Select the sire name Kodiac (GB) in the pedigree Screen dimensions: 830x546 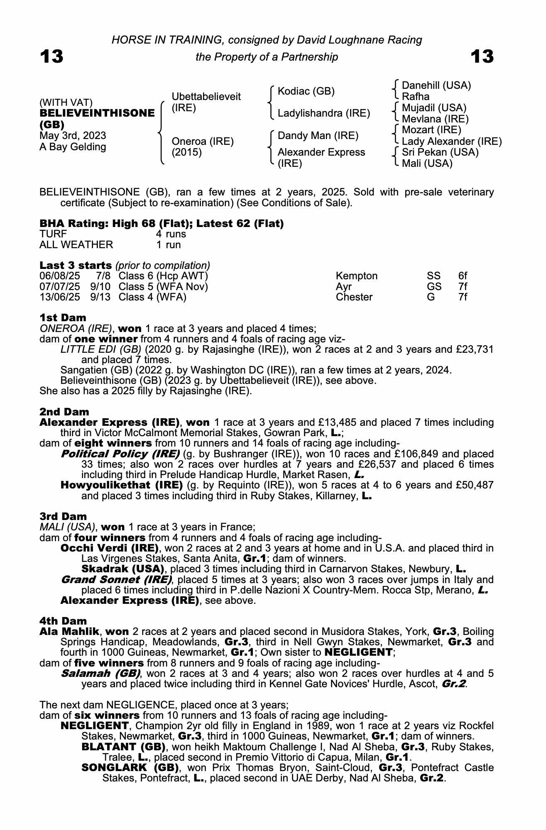pyautogui.click(x=306, y=91)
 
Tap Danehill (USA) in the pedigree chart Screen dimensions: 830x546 pyautogui.click(x=436, y=85)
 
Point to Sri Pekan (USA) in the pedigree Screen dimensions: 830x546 pyautogui.click(x=440, y=152)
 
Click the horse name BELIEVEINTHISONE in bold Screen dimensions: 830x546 pyautogui.click(x=97, y=113)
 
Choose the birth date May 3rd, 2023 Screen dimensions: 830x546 pyautogui.click(x=73, y=136)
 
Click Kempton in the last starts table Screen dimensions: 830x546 pyautogui.click(x=357, y=276)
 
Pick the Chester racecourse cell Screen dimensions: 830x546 pyautogui.click(x=354, y=297)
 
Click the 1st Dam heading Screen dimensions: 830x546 pyautogui.click(x=63, y=318)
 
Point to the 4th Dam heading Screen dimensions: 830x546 pyautogui.click(x=63, y=621)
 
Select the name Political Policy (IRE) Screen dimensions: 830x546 pyautogui.click(x=120, y=454)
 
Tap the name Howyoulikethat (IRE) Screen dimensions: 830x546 pyautogui.click(x=122, y=485)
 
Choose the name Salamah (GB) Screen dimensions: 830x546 pyautogui.click(x=100, y=674)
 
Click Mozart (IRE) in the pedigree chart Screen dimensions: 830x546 pyautogui.click(x=431, y=130)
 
